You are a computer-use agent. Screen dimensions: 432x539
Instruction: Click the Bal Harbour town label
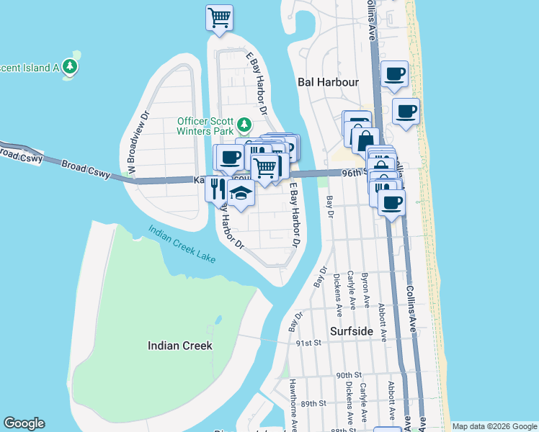(328, 82)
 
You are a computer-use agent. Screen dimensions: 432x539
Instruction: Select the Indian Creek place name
(180, 346)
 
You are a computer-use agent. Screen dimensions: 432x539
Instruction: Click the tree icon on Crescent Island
(71, 67)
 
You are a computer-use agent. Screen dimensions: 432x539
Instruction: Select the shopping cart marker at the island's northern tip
(219, 17)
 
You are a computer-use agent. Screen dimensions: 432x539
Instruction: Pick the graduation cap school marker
(241, 194)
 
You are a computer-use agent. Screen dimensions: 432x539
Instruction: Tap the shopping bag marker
(365, 140)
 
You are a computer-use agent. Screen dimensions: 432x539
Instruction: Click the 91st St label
(307, 343)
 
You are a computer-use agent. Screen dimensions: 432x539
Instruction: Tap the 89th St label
(314, 403)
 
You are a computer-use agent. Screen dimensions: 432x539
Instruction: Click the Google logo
(24, 423)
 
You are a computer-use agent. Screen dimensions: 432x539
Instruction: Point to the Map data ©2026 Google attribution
(494, 426)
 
